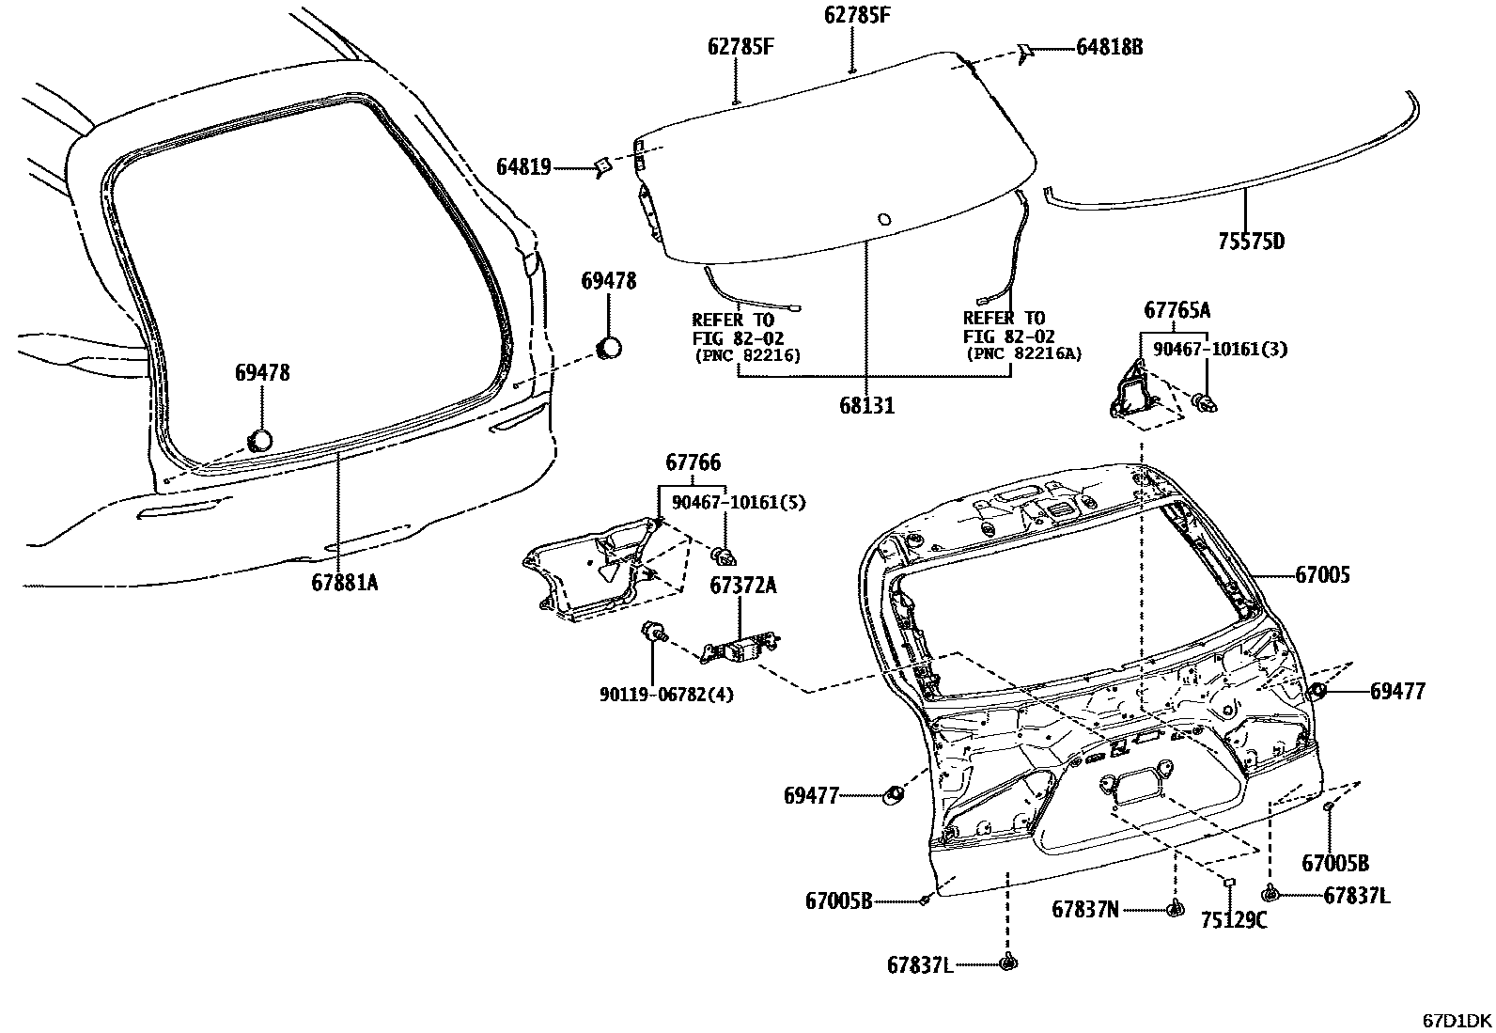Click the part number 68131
pos(866,406)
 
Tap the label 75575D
pos(1250,241)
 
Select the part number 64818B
pos(1109,47)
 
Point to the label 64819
pos(523,167)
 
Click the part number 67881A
pos(345,582)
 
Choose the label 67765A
pos(1177,310)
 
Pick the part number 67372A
pos(742,586)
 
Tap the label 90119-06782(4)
pos(667,695)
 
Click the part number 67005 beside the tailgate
pos(1322,574)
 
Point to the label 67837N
pos(1085,909)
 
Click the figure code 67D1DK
pos(1456,1020)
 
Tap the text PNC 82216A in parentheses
pos(1024,354)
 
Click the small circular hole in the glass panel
pos(883,220)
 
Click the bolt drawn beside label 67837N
pos(1175,908)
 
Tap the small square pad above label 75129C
pos(1227,882)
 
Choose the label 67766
pos(693,462)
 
